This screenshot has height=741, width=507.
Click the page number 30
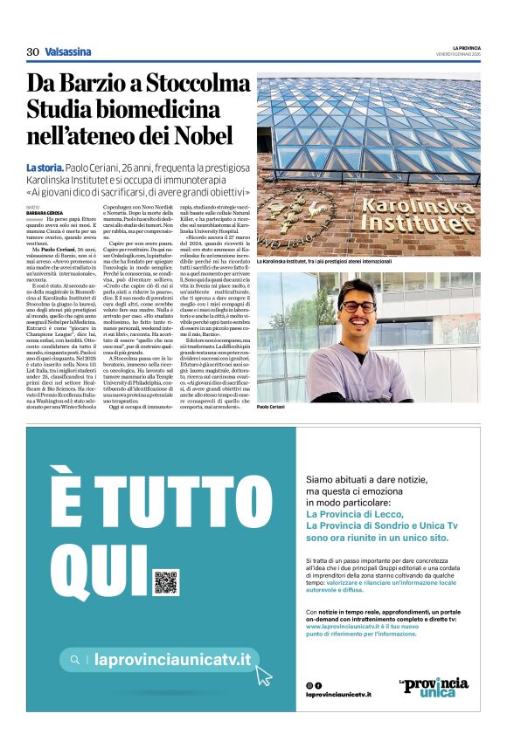point(32,51)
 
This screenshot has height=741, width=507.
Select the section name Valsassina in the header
point(68,51)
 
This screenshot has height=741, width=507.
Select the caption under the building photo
point(324,262)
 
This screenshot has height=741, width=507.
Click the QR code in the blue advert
point(165,582)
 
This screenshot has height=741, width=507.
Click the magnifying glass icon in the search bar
point(76,660)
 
